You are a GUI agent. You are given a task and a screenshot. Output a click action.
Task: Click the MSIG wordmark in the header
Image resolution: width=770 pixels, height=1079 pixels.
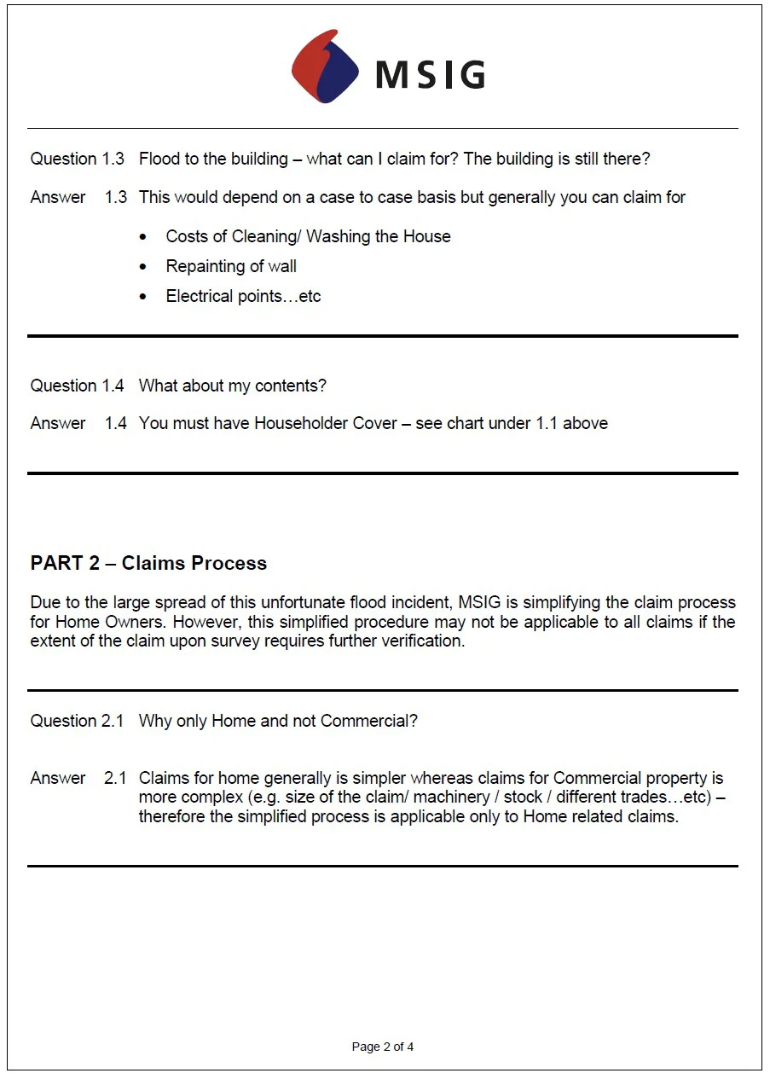431,74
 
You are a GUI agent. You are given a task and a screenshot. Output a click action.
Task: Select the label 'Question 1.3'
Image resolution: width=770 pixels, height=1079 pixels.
77,159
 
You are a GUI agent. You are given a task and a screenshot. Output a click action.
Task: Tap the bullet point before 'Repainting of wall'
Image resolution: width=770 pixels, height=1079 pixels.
144,267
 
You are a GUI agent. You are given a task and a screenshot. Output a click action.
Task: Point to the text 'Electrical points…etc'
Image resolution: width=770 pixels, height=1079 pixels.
243,296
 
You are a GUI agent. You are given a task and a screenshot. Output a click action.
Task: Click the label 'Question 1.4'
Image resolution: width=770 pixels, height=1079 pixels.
77,386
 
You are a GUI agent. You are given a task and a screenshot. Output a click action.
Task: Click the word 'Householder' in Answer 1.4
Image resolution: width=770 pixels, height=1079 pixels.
302,423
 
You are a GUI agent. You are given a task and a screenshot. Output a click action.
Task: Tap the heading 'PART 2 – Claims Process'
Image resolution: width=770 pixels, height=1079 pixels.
148,563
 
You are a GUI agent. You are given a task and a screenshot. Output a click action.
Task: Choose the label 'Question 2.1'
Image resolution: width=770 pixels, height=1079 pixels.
77,721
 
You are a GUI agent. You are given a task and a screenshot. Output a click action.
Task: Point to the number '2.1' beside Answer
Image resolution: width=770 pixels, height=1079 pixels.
115,778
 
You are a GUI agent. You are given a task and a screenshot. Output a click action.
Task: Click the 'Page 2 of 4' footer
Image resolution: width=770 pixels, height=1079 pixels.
383,1047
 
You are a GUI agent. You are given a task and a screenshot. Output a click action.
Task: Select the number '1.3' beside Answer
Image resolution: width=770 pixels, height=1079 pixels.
115,197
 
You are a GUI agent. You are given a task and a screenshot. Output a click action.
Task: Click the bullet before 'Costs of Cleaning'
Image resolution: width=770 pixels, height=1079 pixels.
144,237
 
